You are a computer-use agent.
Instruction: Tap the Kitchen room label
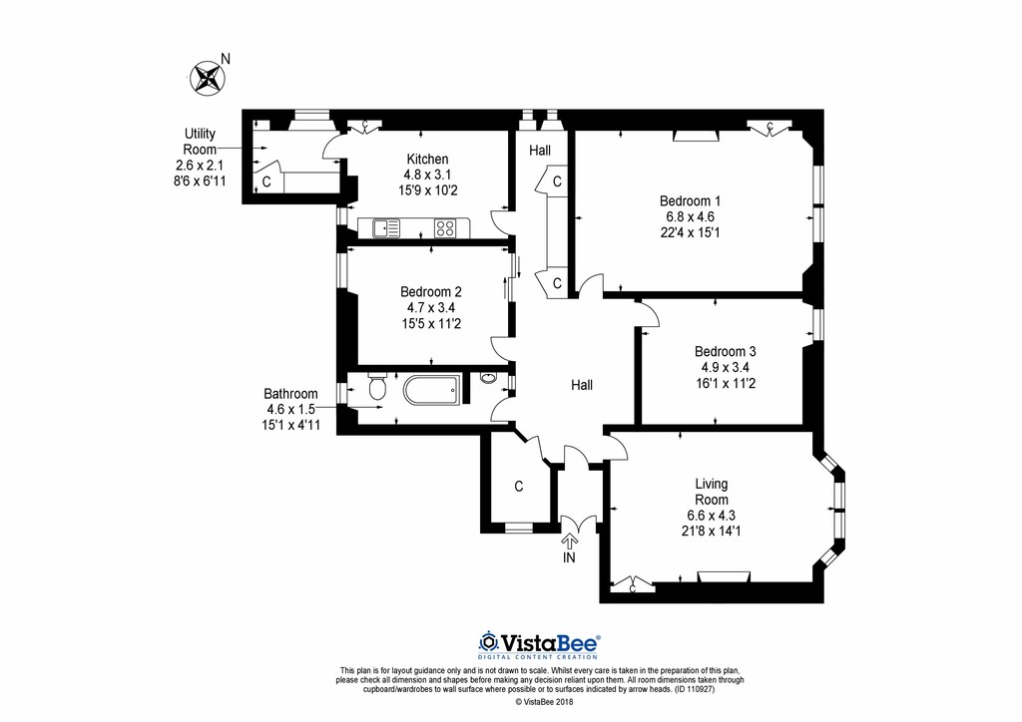point(426,159)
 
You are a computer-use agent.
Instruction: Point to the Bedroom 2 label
point(431,291)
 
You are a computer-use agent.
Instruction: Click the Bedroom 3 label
point(726,351)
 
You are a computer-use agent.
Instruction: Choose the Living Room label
point(712,492)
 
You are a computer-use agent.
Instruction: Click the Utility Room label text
point(199,141)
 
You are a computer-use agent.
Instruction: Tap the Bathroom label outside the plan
point(290,394)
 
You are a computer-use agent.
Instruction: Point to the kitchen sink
point(385,228)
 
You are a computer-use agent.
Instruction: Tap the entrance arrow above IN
point(570,541)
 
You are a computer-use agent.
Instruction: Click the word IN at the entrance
point(569,558)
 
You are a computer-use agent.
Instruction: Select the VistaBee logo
point(539,643)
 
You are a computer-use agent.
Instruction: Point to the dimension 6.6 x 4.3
point(712,515)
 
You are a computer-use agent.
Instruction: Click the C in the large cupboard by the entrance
point(518,487)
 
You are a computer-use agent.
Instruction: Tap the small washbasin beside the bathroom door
point(486,378)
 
